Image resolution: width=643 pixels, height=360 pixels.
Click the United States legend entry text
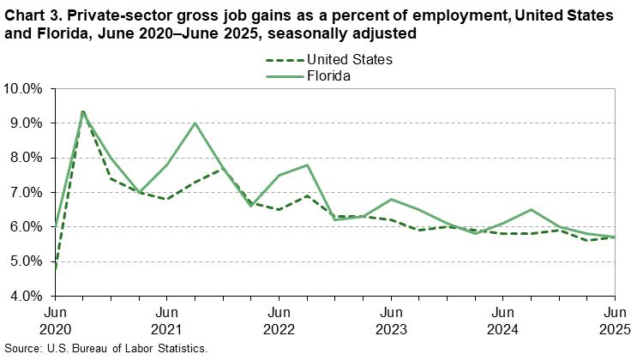click(x=347, y=60)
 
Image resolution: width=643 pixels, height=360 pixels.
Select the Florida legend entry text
click(x=329, y=75)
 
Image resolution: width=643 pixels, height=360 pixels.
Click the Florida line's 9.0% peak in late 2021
click(x=195, y=123)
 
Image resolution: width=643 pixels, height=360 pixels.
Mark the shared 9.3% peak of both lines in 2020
click(x=83, y=112)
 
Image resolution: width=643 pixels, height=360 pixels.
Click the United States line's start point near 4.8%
click(x=56, y=267)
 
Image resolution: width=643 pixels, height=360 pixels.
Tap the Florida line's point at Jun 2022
click(x=279, y=175)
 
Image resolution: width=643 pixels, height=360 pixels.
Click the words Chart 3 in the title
click(x=30, y=15)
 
